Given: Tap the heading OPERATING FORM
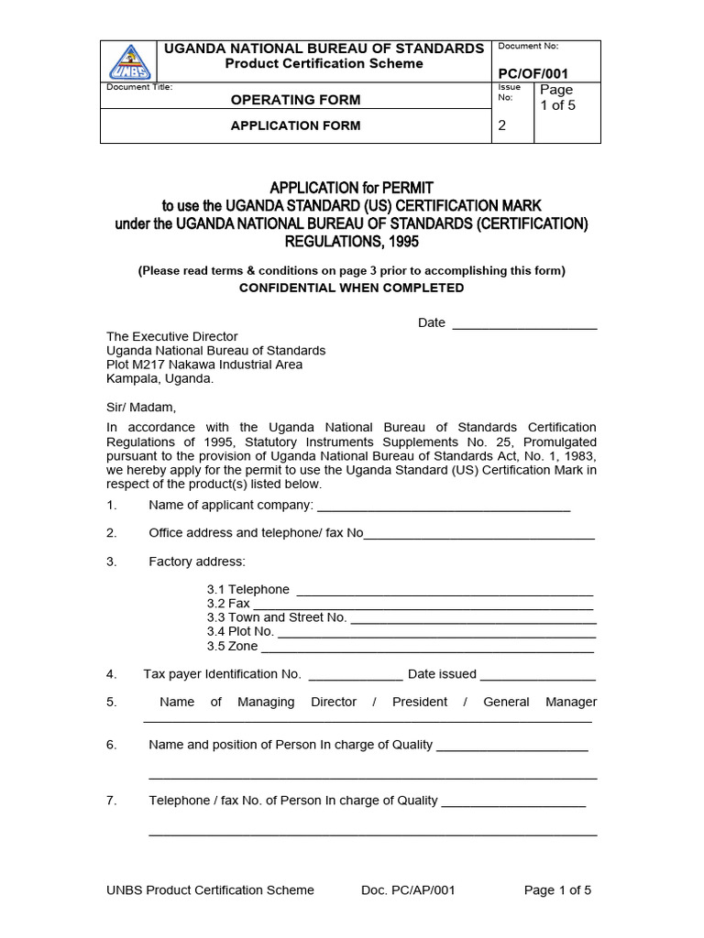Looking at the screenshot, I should [x=295, y=100].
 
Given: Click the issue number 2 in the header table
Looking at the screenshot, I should [x=501, y=126].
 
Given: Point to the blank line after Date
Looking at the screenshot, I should [x=524, y=323].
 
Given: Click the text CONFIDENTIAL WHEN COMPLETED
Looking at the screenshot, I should [x=351, y=288].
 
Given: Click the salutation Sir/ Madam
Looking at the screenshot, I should [x=139, y=407].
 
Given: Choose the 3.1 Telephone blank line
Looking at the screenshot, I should [x=445, y=591].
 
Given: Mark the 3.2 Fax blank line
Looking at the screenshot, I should [x=423, y=605].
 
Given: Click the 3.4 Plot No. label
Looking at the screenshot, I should [x=240, y=631].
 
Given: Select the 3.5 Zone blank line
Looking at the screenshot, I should [x=427, y=647].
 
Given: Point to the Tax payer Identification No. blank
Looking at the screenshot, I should [x=356, y=676].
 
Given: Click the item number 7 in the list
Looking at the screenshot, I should [x=111, y=801].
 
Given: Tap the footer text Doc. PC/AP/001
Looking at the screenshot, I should [x=408, y=890].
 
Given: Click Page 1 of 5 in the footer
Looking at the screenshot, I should [x=557, y=890].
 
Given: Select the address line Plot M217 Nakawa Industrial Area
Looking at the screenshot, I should [x=203, y=365].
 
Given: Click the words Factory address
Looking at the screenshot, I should [x=197, y=562].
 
